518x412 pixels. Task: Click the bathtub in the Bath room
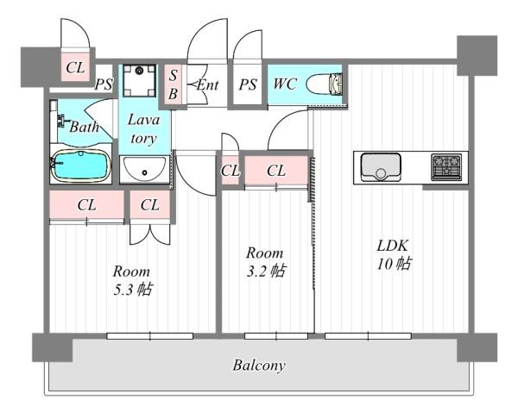pos(81,166)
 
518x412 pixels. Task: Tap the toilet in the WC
pos(324,84)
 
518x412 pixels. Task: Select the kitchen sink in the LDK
pos(381,166)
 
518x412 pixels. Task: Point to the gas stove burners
pos(446,167)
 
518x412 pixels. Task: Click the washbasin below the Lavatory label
pos(144,169)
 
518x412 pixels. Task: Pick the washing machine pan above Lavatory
pos(139,80)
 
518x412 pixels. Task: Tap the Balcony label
pos(259,365)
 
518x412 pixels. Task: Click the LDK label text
pos(393,246)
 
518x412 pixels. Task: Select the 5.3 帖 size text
pos(132,290)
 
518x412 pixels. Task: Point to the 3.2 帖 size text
pos(266,272)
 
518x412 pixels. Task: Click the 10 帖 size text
pos(395,265)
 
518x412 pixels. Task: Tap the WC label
pos(285,84)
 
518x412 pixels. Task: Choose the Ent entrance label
pos(207,85)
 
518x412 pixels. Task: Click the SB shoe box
pos(174,84)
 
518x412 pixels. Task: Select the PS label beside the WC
pos(248,84)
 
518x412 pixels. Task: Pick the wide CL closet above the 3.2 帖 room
pos(276,170)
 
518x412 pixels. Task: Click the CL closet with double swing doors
pos(150,204)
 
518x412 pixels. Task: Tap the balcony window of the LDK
pos(368,336)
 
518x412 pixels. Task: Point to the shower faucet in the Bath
pos(61,121)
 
